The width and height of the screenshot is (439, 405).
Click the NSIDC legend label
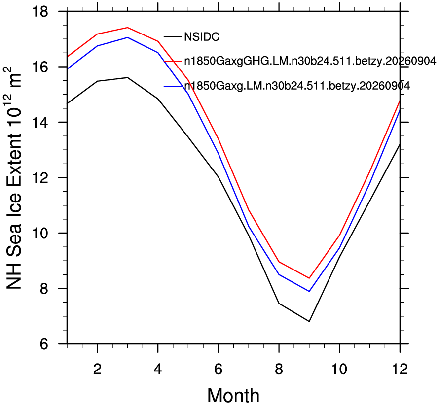coord(202,37)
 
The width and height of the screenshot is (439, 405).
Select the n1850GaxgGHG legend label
coord(310,61)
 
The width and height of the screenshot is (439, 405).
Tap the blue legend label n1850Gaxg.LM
coord(297,86)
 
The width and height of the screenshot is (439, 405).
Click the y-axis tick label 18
coord(40,12)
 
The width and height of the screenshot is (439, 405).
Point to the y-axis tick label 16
coord(40,67)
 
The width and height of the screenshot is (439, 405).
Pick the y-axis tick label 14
coord(40,123)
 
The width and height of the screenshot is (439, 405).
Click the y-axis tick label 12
coord(40,178)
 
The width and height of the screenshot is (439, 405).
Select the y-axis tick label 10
coord(40,233)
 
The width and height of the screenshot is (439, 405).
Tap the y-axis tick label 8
coord(44,289)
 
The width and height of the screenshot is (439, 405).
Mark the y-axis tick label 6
coord(44,344)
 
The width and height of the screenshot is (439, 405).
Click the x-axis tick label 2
coord(97,369)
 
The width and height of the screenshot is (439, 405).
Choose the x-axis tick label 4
coord(158,369)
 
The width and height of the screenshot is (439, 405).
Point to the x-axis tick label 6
coord(219,369)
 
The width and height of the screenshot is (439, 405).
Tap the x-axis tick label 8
coord(279,369)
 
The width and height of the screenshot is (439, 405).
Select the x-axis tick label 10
coord(339,369)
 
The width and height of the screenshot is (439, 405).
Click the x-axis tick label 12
coord(400,369)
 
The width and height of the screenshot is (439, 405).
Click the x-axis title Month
coord(233,396)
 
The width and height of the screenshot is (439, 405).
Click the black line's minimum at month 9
coord(309,321)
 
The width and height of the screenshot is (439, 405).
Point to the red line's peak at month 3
coord(127,28)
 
